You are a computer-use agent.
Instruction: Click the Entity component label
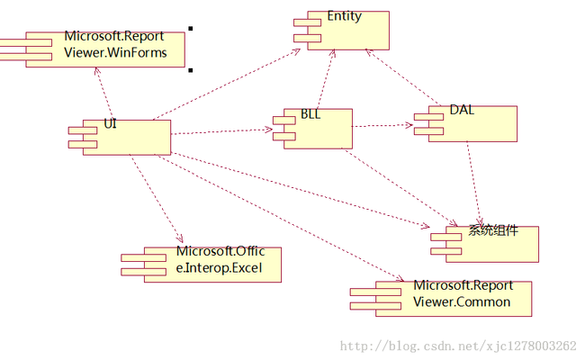coord(345,16)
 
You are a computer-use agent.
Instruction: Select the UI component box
coord(120,138)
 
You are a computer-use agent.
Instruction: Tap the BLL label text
coord(310,113)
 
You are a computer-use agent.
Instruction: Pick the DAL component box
coord(465,124)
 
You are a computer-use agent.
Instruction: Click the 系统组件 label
coord(493,230)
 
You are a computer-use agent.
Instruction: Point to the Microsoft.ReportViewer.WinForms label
coord(115,44)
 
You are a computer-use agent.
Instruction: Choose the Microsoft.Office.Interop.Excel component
coord(202,265)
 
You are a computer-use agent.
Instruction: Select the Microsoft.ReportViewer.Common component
coord(441,299)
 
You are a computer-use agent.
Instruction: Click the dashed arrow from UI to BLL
coord(222,131)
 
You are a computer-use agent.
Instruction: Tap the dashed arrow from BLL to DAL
coord(382,126)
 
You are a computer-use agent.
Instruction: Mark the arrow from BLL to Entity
coord(326,79)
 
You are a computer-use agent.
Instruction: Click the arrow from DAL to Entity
coord(402,77)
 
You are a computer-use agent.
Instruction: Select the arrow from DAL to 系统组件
coord(473,184)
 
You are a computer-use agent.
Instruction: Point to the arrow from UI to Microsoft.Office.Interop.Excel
coord(157,199)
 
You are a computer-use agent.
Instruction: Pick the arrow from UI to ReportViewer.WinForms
coord(104,94)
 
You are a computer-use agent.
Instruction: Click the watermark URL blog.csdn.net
coord(458,346)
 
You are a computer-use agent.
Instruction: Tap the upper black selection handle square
coord(191,29)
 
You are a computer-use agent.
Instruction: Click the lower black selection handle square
coord(191,70)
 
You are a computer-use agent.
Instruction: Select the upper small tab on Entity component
coord(307,22)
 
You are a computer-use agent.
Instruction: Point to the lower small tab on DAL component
coord(428,131)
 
